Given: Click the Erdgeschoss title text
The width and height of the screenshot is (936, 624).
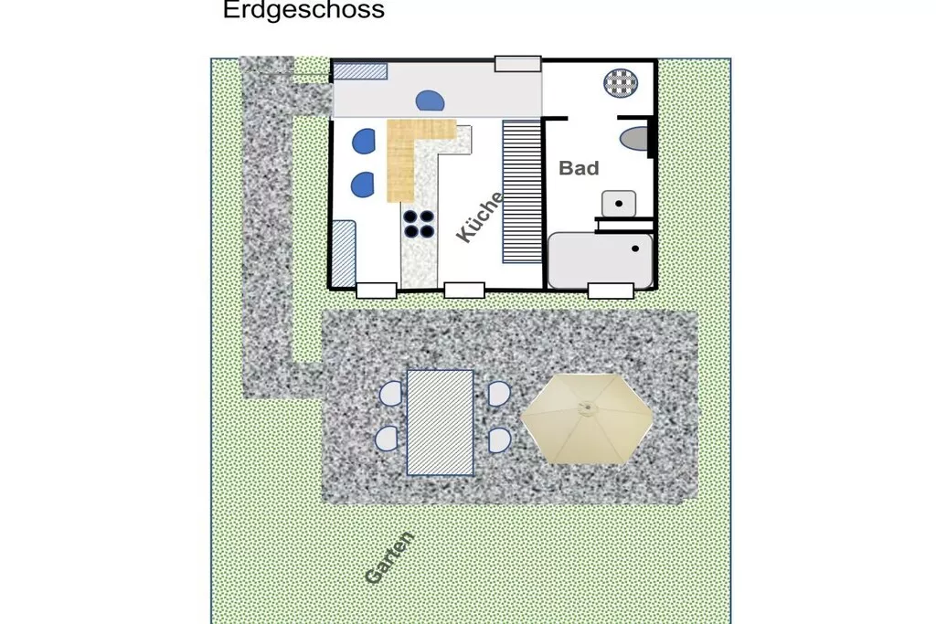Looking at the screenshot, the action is pos(303,10).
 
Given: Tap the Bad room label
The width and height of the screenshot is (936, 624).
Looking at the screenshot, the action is pos(579,168).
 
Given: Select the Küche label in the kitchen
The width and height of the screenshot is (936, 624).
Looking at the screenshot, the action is pos(480,217).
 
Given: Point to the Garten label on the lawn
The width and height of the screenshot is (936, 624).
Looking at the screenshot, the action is pos(389,558).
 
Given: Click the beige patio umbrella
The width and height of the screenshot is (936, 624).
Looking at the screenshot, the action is pos(587,418).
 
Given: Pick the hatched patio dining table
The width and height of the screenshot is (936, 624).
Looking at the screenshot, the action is pos(440,422).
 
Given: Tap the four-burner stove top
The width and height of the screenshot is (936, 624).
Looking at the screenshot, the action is pos(419,224).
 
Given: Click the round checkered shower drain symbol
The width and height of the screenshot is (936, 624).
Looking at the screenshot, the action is pos(621,83).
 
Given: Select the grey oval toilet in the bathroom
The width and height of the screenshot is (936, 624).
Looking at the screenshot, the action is pos(634,138).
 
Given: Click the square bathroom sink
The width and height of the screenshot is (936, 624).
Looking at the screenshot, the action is pos(619,204).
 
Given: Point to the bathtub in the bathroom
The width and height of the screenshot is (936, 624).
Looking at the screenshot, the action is pos(600,260).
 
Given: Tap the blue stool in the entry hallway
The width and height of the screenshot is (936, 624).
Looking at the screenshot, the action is pos(430,100).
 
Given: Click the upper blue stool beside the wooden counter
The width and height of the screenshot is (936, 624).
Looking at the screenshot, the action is pos(364,142).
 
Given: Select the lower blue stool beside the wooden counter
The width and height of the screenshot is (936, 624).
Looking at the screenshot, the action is pos(362,185).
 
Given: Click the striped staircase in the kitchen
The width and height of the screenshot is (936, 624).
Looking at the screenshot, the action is pos(522,192).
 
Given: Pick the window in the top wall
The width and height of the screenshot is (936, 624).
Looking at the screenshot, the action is pos(518,64).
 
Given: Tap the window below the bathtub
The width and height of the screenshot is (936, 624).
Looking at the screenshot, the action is pos(611,291).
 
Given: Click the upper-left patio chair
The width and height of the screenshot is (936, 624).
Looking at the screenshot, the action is pos(391,394).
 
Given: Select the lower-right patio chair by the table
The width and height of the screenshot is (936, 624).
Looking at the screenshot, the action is pos(499,440).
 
